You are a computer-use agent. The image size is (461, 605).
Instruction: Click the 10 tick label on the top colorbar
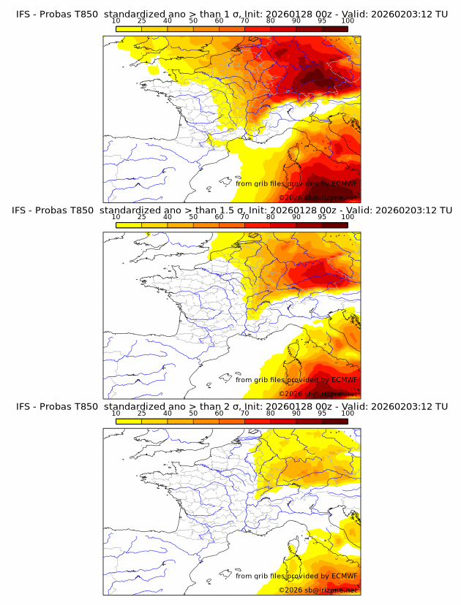click(x=116, y=20)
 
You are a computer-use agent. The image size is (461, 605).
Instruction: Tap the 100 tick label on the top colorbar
click(x=348, y=20)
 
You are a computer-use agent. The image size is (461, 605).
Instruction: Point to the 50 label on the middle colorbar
click(x=193, y=217)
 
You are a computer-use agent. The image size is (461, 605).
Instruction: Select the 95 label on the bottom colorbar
click(x=322, y=414)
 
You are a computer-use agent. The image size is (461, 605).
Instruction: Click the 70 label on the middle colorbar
click(x=244, y=217)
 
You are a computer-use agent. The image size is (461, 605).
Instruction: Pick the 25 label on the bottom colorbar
click(x=142, y=414)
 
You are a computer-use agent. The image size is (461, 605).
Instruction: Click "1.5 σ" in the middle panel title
click(x=224, y=210)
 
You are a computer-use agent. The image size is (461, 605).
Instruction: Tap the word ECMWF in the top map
click(x=340, y=184)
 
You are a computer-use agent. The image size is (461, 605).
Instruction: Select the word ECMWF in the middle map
click(x=340, y=380)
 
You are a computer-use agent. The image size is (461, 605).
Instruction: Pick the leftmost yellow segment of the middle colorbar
click(x=129, y=225)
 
